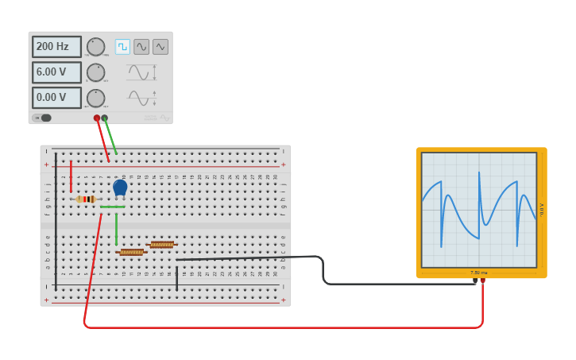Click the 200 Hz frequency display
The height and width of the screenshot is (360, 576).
tap(56, 47)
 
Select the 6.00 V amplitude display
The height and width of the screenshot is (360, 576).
tap(56, 72)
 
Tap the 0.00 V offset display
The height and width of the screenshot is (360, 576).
tap(56, 98)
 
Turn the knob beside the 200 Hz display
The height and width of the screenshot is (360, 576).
tap(95, 47)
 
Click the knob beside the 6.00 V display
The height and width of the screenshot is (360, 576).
tap(95, 72)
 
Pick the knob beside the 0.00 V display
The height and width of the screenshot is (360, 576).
tap(95, 99)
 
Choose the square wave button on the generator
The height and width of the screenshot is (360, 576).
tap(122, 47)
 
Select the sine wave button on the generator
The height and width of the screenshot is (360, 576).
tap(141, 47)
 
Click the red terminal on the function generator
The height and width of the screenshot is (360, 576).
tap(97, 118)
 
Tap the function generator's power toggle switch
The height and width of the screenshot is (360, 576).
tap(42, 118)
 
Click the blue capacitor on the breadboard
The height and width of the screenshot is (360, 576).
tap(120, 188)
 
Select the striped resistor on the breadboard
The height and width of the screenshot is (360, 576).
tap(86, 199)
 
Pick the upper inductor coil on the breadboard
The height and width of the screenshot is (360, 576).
tap(162, 245)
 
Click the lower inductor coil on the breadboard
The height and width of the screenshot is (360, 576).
tap(132, 252)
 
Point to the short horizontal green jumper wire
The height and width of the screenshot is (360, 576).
tap(112, 207)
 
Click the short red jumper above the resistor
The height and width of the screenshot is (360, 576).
tap(71, 176)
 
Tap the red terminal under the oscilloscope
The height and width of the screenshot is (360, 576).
tap(482, 280)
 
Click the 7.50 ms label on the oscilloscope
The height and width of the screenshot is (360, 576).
tap(478, 273)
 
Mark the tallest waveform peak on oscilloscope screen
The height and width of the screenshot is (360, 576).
tap(479, 172)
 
